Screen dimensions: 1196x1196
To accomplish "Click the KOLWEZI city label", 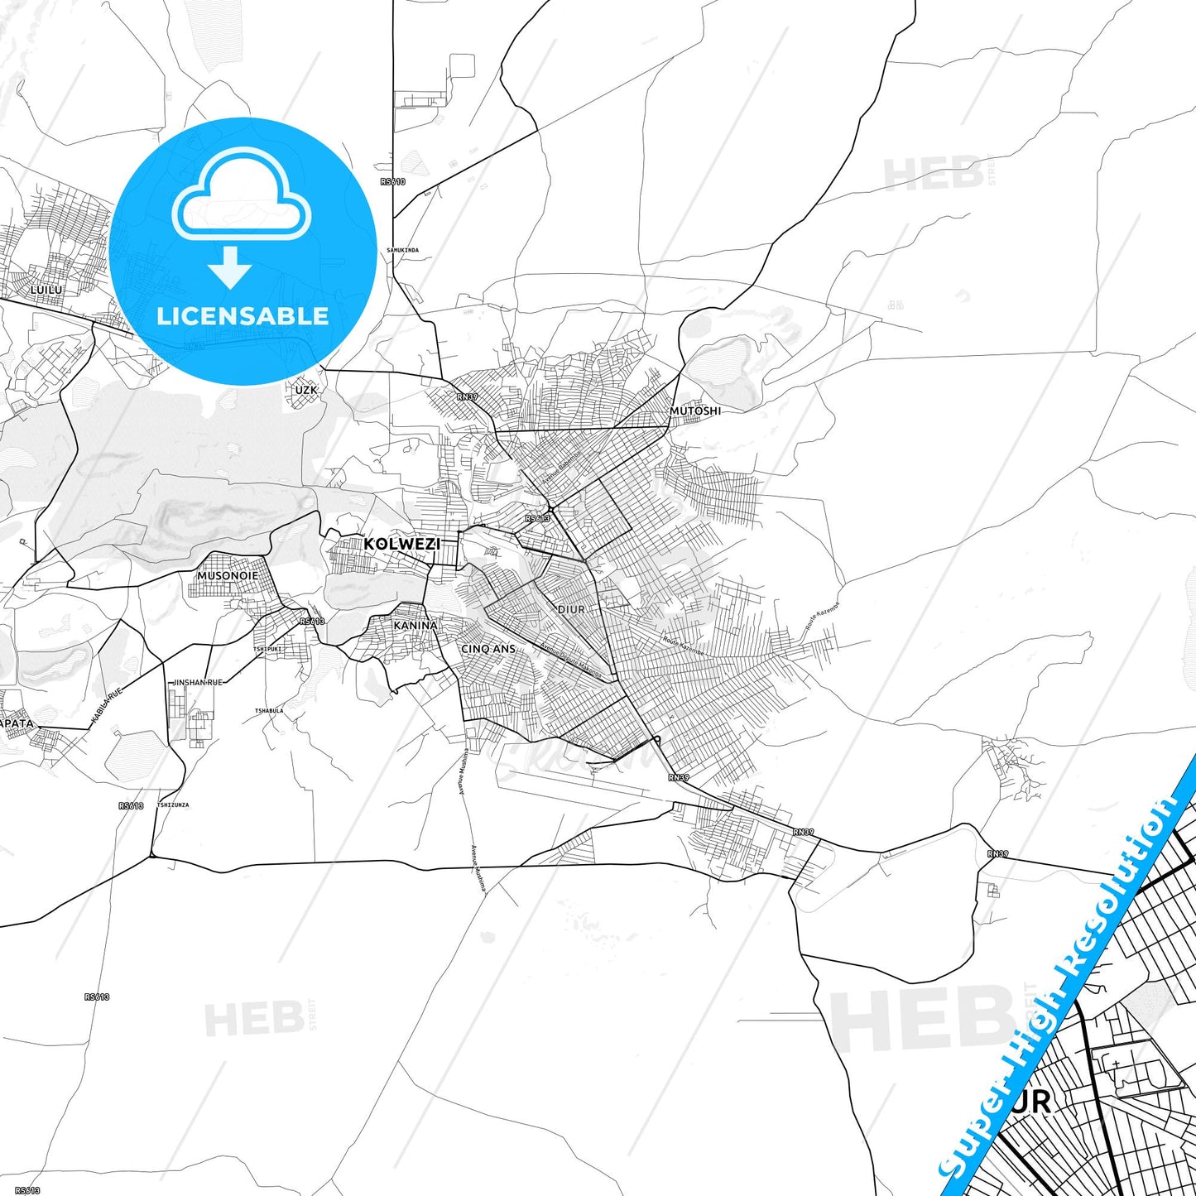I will [x=402, y=544].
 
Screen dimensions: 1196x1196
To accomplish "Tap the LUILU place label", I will [x=46, y=291].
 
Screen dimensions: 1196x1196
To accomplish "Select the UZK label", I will [x=305, y=389].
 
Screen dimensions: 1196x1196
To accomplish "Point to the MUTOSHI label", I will [x=695, y=411].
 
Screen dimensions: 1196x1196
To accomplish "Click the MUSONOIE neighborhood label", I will [x=228, y=575].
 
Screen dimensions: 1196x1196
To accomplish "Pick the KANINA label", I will [x=415, y=626].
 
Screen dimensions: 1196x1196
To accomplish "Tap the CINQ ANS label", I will [x=488, y=649].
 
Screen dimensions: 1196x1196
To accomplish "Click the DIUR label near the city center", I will [x=571, y=609].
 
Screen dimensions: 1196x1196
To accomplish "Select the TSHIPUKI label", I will [x=267, y=649].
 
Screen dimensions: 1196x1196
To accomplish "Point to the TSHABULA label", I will [x=269, y=711].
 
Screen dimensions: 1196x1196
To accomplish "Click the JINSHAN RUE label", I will [x=197, y=682].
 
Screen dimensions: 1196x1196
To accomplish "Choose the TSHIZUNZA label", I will [x=173, y=805].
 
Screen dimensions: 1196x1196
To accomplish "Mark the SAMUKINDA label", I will [x=403, y=250].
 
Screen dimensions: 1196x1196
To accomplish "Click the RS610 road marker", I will [x=393, y=182].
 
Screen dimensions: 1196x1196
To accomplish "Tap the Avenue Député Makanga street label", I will [x=571, y=659].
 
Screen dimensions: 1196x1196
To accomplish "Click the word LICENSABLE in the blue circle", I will [x=243, y=316].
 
